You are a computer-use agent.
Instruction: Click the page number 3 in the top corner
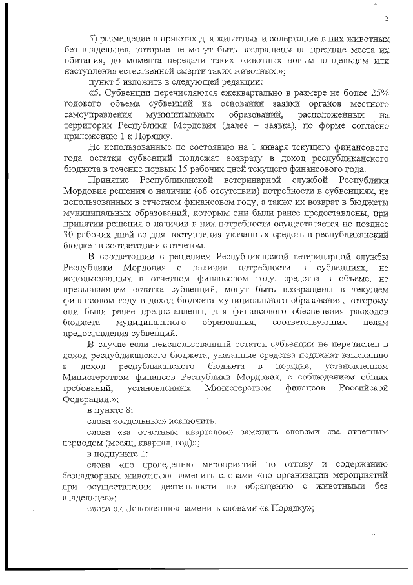(386, 18)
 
